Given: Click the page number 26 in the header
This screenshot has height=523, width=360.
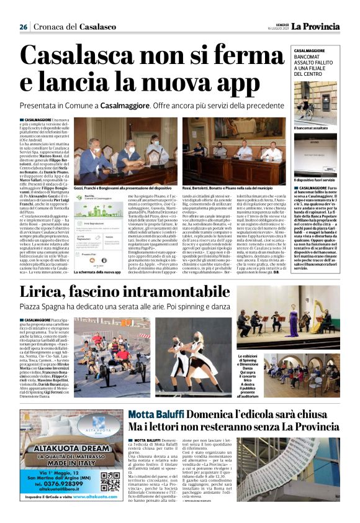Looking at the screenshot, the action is click(23, 27).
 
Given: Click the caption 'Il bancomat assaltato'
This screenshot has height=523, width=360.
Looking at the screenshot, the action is click(311, 128).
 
